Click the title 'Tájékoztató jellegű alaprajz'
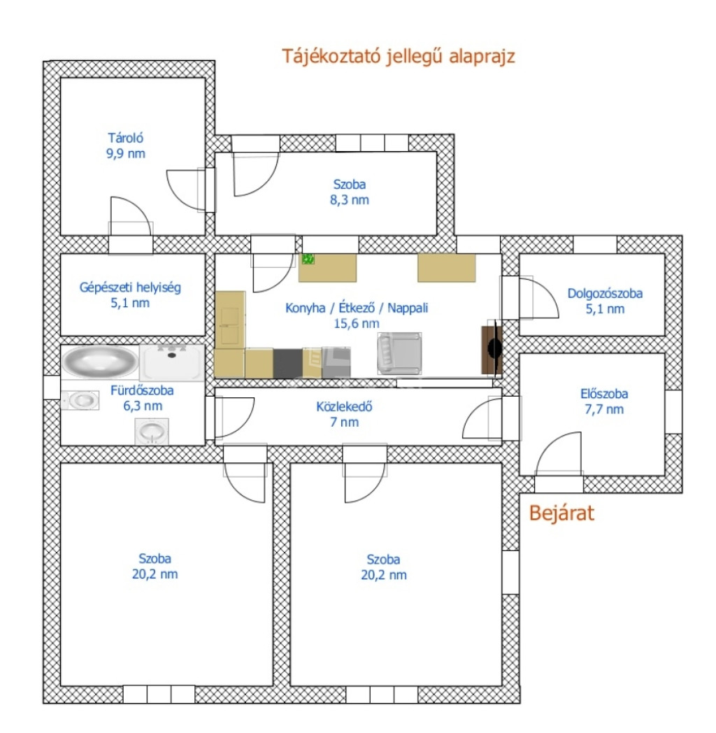pyautogui.click(x=398, y=57)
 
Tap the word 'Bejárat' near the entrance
pyautogui.click(x=561, y=513)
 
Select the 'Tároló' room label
pyautogui.click(x=125, y=138)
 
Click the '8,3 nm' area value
pyautogui.click(x=350, y=200)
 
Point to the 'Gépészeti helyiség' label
pyautogui.click(x=130, y=287)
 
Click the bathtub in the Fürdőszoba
pyautogui.click(x=100, y=361)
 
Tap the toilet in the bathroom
pyautogui.click(x=80, y=401)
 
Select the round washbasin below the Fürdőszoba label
pyautogui.click(x=152, y=431)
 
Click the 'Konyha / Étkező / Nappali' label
pyautogui.click(x=357, y=308)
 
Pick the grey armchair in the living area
pyautogui.click(x=399, y=353)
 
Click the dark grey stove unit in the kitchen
pyautogui.click(x=288, y=363)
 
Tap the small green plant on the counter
pyautogui.click(x=308, y=259)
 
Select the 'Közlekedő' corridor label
pyautogui.click(x=345, y=406)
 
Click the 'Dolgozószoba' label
pyautogui.click(x=605, y=294)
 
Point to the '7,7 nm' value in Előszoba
pyautogui.click(x=604, y=409)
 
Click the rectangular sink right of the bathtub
pyautogui.click(x=172, y=362)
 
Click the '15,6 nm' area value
pyautogui.click(x=357, y=324)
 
